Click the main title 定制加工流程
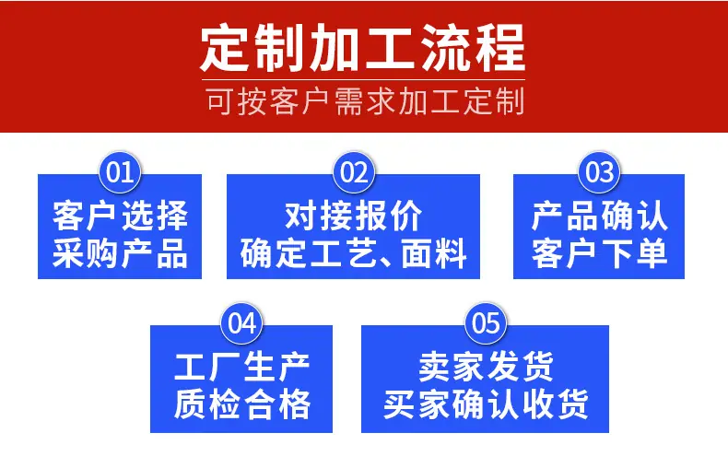pos(362,48)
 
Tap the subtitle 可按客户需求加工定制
pos(366,101)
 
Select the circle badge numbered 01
pos(120,172)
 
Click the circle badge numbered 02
pos(354,172)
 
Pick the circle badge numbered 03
pos(599,172)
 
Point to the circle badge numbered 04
pos(241,323)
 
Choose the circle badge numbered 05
pos(486,323)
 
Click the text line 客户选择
pos(120,216)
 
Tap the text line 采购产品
pos(120,253)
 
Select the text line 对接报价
pos(353,216)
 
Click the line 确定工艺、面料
pos(353,253)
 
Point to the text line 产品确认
pos(599,216)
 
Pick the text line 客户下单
pos(599,253)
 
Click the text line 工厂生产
pos(241,367)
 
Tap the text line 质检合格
pos(241,404)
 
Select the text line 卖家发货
pos(486,367)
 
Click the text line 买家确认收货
pos(486,404)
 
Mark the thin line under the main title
pos(363,80)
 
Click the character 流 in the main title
pos(445,48)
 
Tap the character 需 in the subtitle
pos(349,101)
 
